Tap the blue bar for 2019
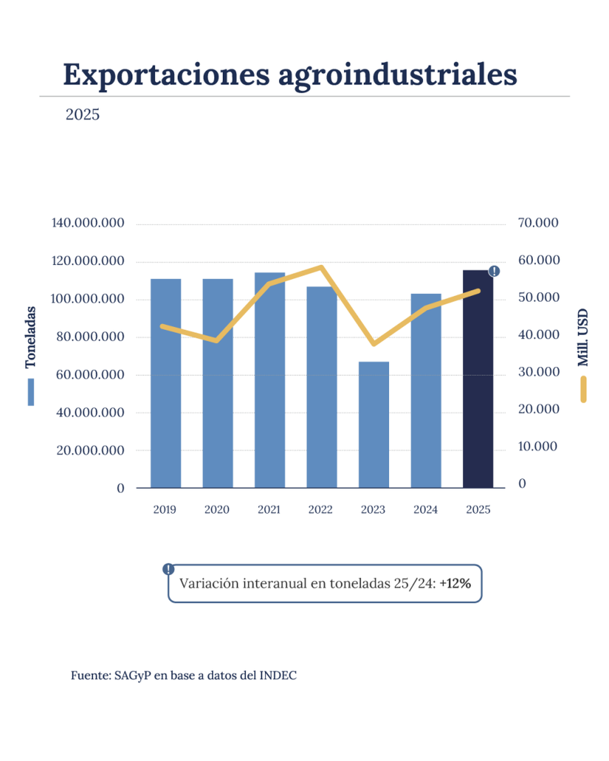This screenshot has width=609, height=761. pos(166,383)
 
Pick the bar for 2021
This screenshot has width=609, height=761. pos(270,380)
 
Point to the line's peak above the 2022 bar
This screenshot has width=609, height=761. pos(321,267)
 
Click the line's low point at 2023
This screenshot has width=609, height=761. pos(373,344)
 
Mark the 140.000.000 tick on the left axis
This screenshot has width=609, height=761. pos(88,223)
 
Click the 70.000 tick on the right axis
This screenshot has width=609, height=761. pos(538,223)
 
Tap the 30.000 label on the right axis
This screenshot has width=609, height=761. pos(538,372)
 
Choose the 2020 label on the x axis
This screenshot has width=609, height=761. pos(217,510)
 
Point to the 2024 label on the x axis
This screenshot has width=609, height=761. pos(425,510)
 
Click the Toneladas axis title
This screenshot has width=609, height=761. pos(30,337)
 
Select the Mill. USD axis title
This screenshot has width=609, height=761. pos(583,337)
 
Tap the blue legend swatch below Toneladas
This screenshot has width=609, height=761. pos(31,392)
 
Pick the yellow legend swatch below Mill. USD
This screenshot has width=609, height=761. pos(583,390)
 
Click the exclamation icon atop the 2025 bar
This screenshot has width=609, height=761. pos(495,271)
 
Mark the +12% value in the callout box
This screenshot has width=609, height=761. pos(455,583)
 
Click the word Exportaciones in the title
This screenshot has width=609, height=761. pos(166,75)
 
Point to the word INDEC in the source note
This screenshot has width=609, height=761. pos(278,675)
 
